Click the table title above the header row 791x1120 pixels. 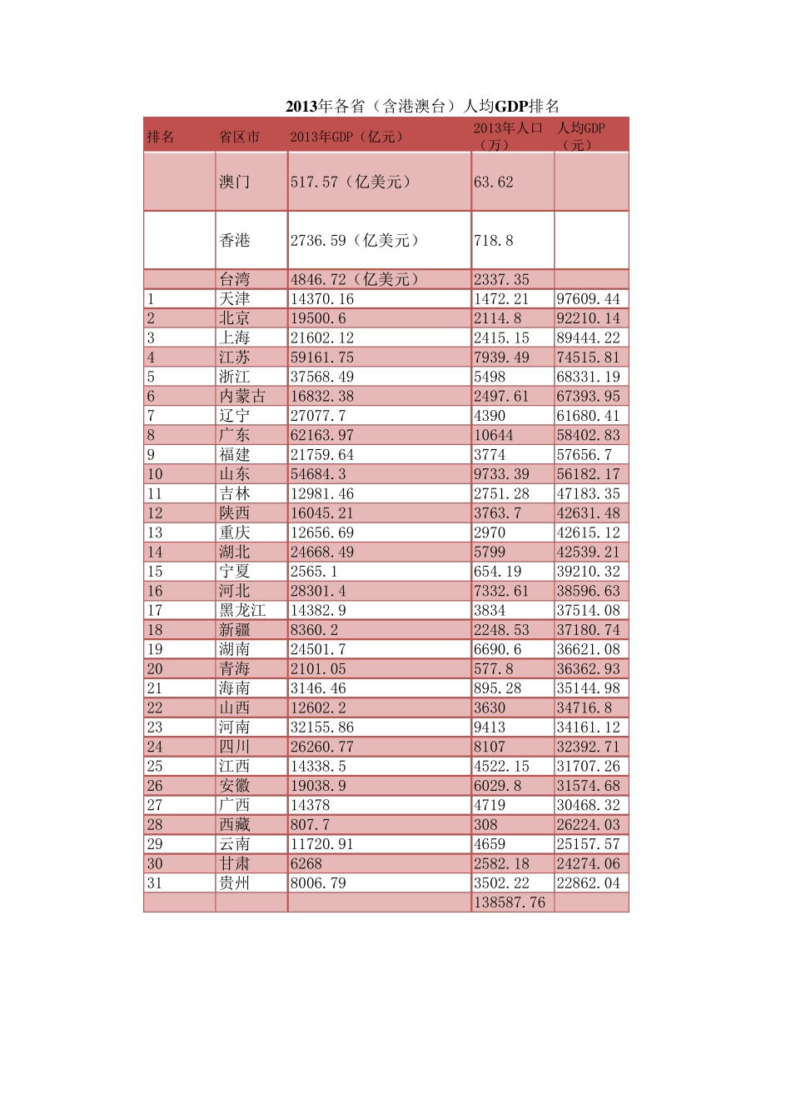point(421,106)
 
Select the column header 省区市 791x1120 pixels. point(239,137)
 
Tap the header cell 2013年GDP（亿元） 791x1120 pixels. point(346,137)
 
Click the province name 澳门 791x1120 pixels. point(234,182)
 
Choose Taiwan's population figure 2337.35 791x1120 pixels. point(501,279)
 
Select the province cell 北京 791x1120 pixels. point(234,318)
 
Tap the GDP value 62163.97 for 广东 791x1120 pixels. point(322,435)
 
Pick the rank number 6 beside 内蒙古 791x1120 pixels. point(151,396)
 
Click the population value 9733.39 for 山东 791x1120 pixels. point(501,474)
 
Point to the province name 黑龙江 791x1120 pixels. point(242,610)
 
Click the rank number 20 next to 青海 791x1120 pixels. point(155,668)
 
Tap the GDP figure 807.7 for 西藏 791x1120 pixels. point(310,824)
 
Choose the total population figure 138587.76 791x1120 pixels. point(510,902)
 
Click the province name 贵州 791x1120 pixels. point(234,882)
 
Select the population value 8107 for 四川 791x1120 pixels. point(490,747)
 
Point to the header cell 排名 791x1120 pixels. point(161,137)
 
